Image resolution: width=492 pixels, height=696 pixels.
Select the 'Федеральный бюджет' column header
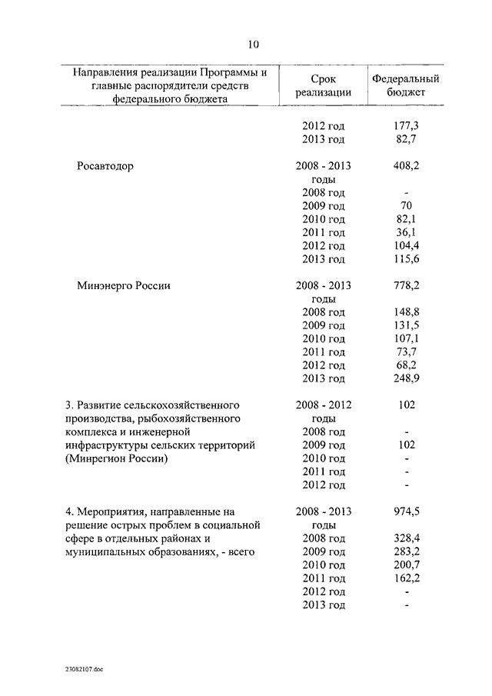click(405, 85)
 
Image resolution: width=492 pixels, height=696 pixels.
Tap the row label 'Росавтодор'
click(105, 165)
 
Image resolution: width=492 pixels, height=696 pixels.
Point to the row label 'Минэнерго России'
click(123, 285)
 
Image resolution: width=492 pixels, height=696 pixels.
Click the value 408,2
click(405, 165)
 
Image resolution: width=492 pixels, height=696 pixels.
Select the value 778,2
click(405, 285)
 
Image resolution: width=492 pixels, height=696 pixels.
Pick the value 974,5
click(405, 511)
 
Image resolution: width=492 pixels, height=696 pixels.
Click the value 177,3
click(405, 125)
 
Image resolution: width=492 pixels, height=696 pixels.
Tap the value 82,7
click(405, 139)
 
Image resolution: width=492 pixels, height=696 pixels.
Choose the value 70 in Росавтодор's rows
click(405, 205)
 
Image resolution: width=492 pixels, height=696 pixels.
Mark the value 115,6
click(405, 259)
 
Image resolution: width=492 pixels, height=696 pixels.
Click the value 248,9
click(405, 378)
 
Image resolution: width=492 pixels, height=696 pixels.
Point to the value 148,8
click(405, 311)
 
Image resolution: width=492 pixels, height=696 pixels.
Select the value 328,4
click(405, 538)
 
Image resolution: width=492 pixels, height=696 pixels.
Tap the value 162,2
click(405, 578)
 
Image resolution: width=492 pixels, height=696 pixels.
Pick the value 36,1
click(405, 232)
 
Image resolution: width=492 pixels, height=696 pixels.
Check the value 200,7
click(405, 564)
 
